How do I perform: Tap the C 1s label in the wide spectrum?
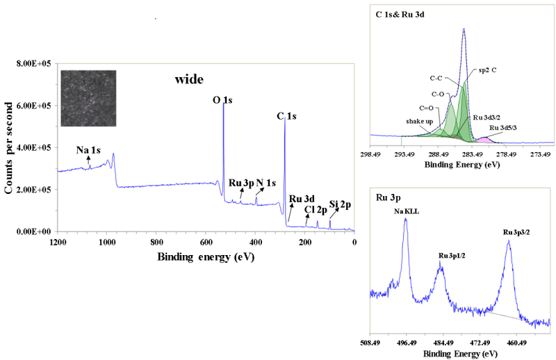(x=285, y=116)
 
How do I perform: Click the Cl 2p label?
(x=316, y=208)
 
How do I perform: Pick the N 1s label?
(x=266, y=183)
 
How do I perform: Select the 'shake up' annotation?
(x=419, y=120)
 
